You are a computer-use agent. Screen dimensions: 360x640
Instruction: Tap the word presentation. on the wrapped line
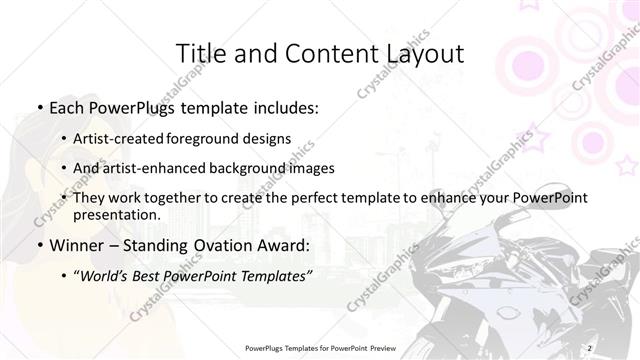[x=116, y=215]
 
